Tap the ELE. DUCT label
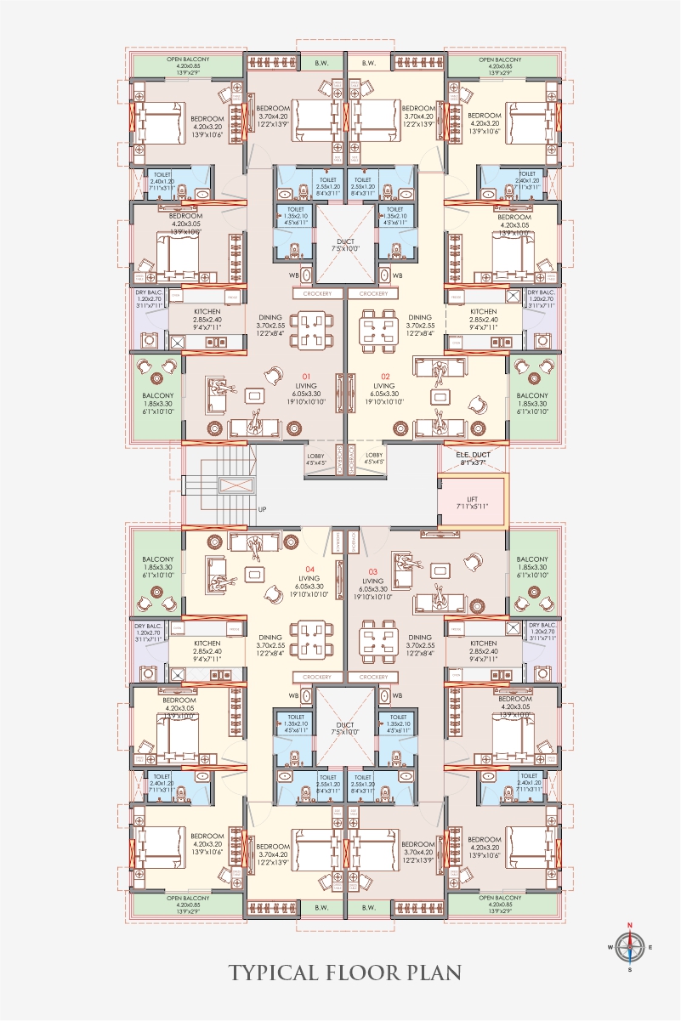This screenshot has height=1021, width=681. pos(473,455)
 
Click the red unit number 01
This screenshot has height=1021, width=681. pos(308,375)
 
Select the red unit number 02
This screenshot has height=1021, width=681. pos(384,375)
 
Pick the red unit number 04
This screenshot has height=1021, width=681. pos(310,569)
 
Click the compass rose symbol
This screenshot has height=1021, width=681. pos(629,946)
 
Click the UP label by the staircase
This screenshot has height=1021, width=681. pos(261,510)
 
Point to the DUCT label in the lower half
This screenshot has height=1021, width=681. pos(344,725)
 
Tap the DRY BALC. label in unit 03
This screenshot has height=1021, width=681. pos(541,625)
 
